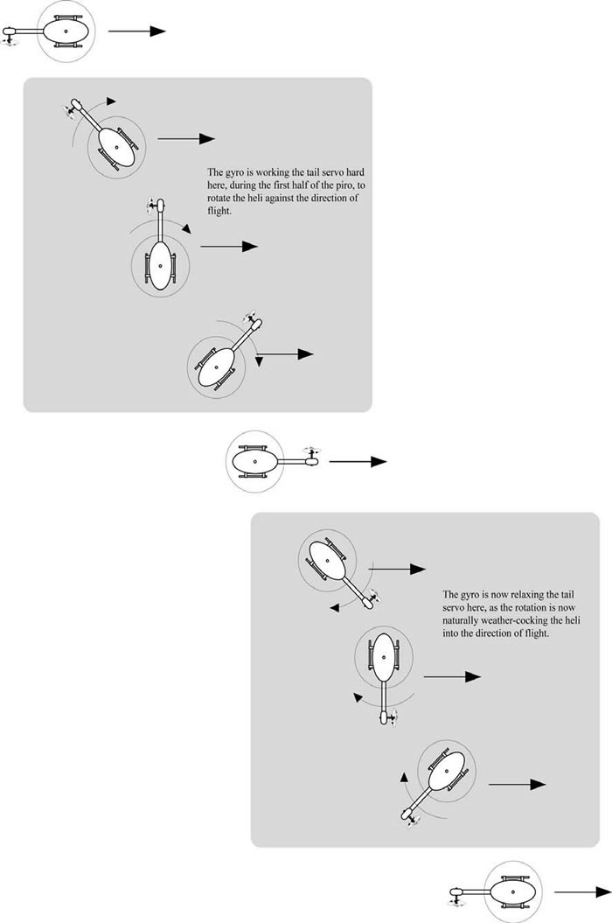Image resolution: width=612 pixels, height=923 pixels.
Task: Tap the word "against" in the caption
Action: [280, 199]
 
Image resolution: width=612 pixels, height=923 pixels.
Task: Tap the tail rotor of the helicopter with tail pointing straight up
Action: [153, 206]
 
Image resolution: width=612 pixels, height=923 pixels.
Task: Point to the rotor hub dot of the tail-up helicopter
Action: [159, 264]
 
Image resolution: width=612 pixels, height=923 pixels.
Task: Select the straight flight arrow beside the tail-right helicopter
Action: [358, 462]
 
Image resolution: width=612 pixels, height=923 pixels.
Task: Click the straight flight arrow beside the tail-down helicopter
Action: [452, 677]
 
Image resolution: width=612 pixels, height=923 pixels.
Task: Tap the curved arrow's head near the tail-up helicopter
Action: [186, 228]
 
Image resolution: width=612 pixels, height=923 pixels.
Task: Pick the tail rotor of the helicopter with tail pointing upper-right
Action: [251, 317]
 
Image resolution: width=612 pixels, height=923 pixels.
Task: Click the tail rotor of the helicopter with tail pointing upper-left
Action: [71, 110]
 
